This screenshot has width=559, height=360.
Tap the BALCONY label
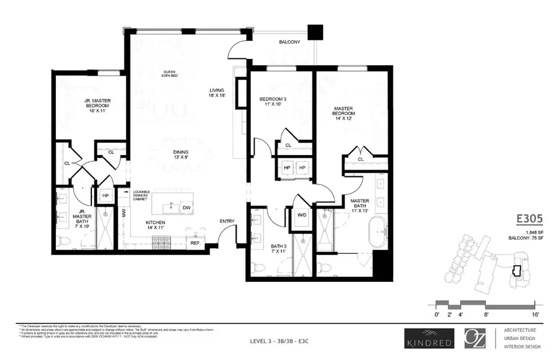click(289, 42)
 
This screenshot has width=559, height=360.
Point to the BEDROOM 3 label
click(274, 102)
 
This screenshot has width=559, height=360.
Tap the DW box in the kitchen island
click(186, 207)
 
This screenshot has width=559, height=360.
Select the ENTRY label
click(227, 221)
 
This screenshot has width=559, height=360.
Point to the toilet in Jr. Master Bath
click(63, 241)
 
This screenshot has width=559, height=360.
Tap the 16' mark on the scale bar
click(535, 316)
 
